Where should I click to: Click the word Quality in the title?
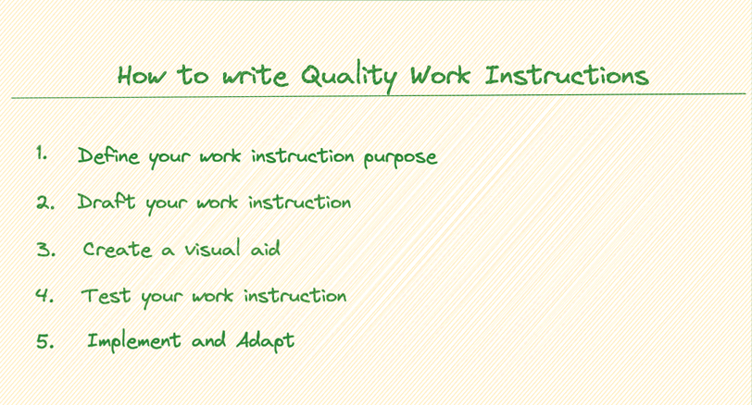pos(348,78)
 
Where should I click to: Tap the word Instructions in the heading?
pos(567,76)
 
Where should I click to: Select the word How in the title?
pos(142,76)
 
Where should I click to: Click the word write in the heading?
pos(256,77)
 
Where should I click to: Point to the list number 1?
pos(42,153)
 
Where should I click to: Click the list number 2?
pos(45,203)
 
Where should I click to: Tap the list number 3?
pos(46,250)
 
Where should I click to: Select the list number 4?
pos(44,295)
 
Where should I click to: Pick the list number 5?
pos(45,341)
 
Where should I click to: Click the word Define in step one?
pos(108,155)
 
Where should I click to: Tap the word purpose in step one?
pos(400,158)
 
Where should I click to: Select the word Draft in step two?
pos(107,202)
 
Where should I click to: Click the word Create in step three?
pos(118,249)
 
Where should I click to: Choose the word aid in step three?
pos(265,249)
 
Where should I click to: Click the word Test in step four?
pos(106,296)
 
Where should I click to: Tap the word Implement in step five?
pos(133,341)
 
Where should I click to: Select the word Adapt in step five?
pos(265,341)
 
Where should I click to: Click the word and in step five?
pos(208,340)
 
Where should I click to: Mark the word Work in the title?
pos(440,76)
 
